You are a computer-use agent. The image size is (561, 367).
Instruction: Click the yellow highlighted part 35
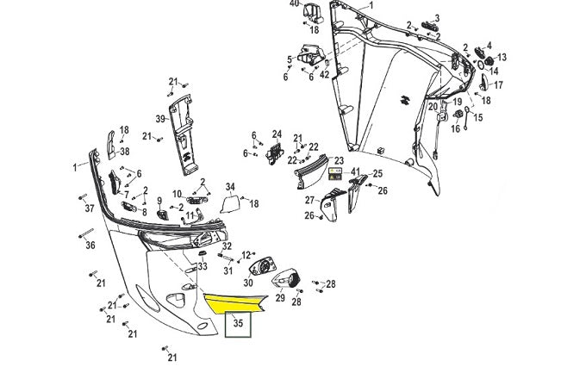(237, 302)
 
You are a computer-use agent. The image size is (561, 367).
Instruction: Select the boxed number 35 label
(238, 327)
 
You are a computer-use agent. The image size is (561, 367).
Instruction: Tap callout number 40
(294, 3)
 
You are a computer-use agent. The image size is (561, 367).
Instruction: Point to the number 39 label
(160, 118)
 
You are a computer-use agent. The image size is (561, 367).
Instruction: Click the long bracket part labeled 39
(185, 129)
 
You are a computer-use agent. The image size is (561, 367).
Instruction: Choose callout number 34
(230, 186)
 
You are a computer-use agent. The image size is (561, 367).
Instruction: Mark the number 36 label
(90, 246)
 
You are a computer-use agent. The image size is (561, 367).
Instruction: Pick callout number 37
(89, 208)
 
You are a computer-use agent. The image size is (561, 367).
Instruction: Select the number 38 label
(125, 151)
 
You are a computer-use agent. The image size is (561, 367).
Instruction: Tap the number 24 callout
(277, 134)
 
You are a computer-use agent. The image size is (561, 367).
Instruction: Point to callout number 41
(355, 172)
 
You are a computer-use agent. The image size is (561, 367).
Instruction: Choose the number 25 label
(377, 174)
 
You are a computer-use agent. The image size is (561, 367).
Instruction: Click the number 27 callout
(309, 200)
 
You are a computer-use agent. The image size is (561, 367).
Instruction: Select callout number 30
(248, 283)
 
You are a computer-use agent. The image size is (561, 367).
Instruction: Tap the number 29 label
(279, 297)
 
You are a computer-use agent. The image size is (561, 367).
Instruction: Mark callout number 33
(203, 267)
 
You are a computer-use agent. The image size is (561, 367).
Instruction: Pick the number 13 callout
(502, 58)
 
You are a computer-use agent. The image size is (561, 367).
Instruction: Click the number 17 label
(498, 85)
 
